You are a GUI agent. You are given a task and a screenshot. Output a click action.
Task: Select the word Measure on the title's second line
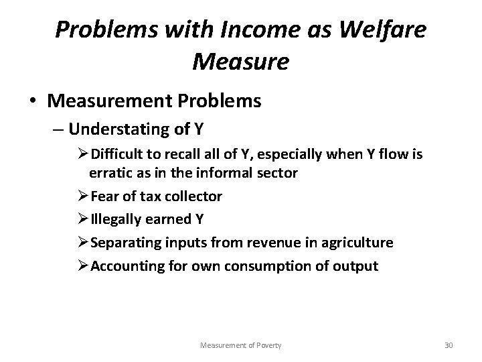click(x=240, y=62)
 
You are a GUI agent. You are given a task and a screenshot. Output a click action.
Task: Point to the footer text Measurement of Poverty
click(x=240, y=345)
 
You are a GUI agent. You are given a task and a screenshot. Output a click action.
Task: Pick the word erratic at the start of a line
click(x=108, y=174)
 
